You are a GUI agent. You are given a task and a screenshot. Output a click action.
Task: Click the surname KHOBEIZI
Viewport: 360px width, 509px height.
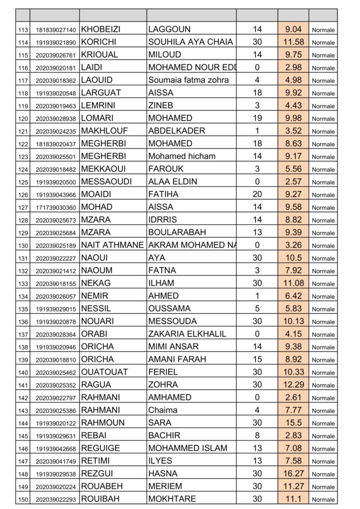coord(100,29)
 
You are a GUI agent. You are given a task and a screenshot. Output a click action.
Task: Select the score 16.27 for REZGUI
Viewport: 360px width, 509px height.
coord(293,474)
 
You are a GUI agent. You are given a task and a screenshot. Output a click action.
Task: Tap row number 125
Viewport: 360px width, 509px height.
coord(23,182)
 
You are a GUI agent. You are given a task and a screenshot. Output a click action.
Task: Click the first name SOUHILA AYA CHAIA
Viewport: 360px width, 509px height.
coord(190,42)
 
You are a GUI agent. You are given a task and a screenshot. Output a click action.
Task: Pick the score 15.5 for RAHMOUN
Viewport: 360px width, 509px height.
coord(293,423)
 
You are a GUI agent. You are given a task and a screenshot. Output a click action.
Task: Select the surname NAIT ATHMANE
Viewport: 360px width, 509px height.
coord(112,245)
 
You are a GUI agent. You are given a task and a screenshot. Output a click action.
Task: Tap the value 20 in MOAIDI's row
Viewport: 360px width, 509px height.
coord(257,194)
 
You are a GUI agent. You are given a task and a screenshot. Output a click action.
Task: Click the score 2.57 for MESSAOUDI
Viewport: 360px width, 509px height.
coord(293,182)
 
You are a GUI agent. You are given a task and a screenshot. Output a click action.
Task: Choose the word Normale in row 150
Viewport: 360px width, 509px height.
coord(323,500)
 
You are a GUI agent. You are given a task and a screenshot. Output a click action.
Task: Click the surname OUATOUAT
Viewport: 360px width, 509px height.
coord(104,372)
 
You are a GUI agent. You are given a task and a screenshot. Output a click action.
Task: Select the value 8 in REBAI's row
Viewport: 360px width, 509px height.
coord(257,435)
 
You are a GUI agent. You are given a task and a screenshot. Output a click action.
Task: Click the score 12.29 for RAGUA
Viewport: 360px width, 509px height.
coord(293,385)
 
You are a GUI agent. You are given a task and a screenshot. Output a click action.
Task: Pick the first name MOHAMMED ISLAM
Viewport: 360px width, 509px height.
coord(188,448)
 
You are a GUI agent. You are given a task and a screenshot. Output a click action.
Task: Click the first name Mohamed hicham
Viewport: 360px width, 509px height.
coord(182,156)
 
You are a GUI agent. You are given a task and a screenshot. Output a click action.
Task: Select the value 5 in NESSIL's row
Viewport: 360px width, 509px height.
coord(257,309)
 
